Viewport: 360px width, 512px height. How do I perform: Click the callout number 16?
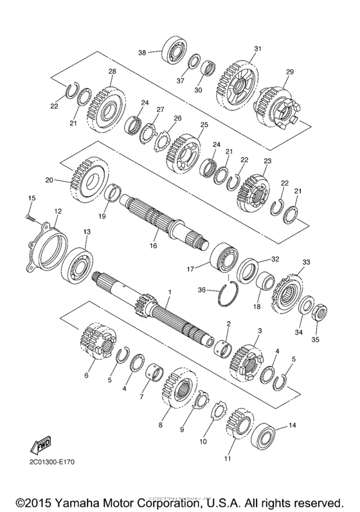153,245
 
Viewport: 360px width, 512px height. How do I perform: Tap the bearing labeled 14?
264,437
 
